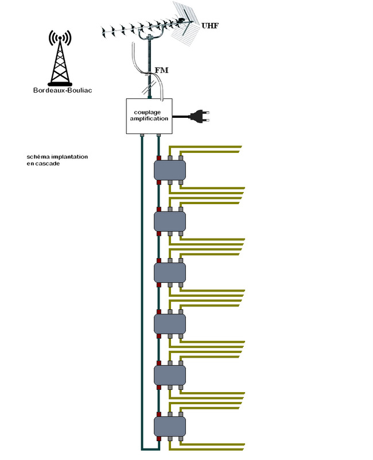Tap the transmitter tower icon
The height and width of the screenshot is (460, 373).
pyautogui.click(x=60, y=57)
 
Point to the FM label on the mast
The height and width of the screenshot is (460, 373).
pyautogui.click(x=162, y=70)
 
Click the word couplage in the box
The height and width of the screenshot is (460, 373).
pyautogui.click(x=149, y=112)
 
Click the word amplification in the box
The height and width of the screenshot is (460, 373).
pyautogui.click(x=149, y=118)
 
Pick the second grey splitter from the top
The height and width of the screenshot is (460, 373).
pyautogui.click(x=170, y=220)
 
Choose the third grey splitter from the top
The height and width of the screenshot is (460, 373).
pyautogui.click(x=170, y=271)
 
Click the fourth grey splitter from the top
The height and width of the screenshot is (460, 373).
pyautogui.click(x=170, y=322)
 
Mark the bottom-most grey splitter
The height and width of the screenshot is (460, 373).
pyautogui.click(x=170, y=426)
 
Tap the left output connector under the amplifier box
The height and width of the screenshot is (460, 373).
pyautogui.click(x=141, y=136)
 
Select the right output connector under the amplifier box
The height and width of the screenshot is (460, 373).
pyautogui.click(x=159, y=136)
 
